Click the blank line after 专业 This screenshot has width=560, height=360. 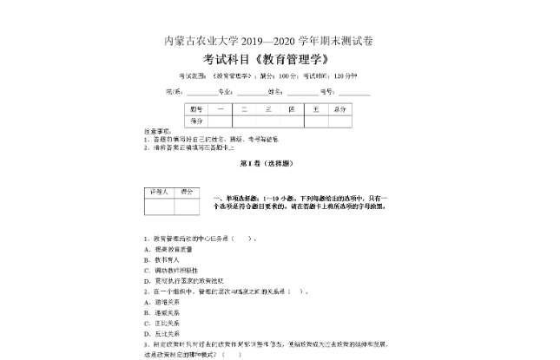254,91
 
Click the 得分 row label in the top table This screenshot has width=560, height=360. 196,121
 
